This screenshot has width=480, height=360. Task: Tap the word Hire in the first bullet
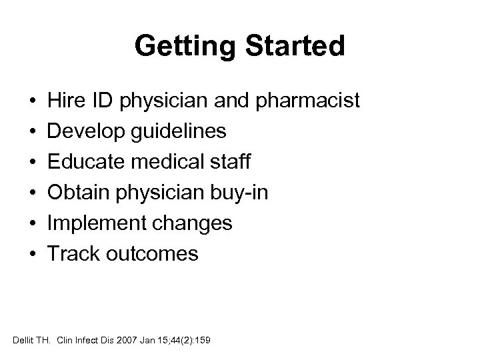[x=63, y=101]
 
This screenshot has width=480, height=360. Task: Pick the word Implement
[x=89, y=223]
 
